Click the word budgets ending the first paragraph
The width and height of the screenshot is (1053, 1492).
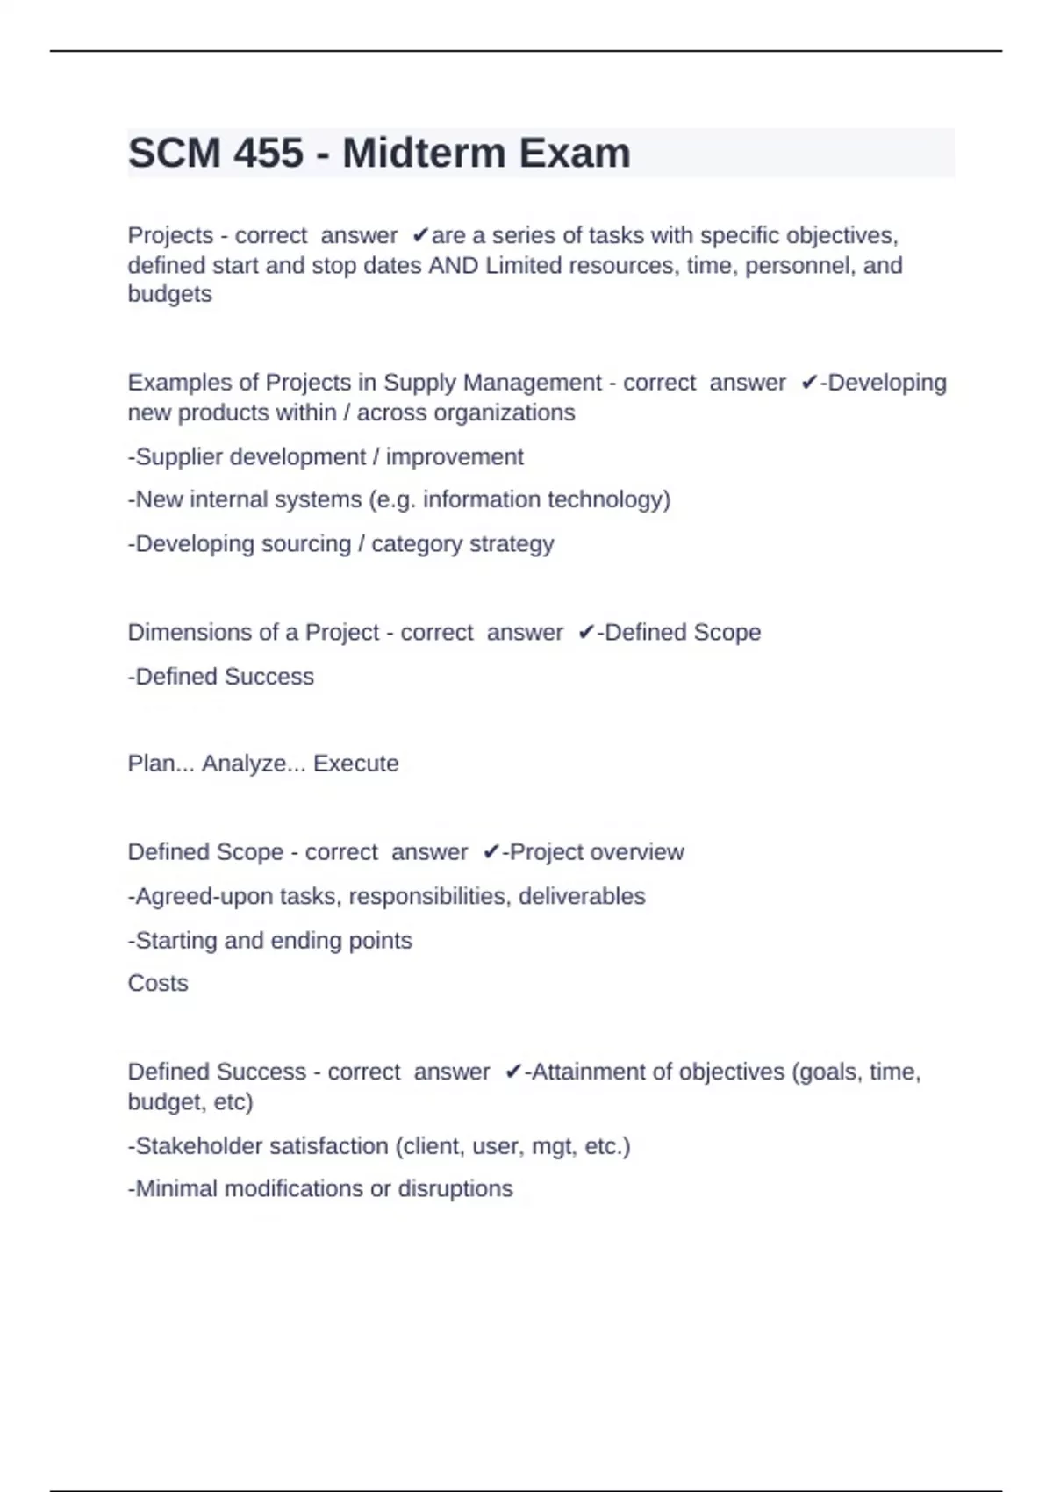pos(169,294)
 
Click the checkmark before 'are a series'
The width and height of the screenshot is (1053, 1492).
pos(419,235)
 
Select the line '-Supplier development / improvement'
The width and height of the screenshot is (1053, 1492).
pos(326,457)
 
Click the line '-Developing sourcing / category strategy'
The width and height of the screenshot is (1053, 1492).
pos(340,544)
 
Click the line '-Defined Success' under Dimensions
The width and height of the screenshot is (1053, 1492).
pos(220,677)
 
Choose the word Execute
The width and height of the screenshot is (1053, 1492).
pos(355,764)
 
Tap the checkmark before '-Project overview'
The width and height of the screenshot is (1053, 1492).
pos(491,852)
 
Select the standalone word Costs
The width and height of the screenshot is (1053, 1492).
pos(158,983)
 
